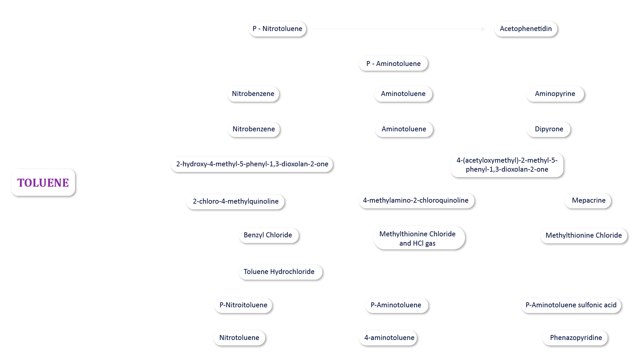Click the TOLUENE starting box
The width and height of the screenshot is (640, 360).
tap(43, 182)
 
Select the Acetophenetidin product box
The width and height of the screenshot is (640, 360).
tap(526, 29)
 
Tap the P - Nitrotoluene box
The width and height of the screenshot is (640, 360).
tap(277, 29)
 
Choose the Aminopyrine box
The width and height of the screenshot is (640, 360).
tap(555, 94)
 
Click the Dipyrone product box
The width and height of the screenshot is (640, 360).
tap(549, 129)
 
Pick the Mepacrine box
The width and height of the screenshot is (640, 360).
tap(588, 200)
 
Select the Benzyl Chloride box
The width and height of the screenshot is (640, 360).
tap(268, 235)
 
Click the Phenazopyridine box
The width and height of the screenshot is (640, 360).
tap(576, 338)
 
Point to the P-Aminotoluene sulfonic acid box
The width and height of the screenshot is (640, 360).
tap(571, 305)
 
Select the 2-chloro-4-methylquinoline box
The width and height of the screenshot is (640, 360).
tap(235, 201)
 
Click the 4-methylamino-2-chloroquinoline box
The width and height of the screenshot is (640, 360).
tap(416, 200)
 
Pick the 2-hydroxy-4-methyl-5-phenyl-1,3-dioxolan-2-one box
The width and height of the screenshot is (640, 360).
tap(252, 164)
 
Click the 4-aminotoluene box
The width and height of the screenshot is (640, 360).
tap(389, 338)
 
